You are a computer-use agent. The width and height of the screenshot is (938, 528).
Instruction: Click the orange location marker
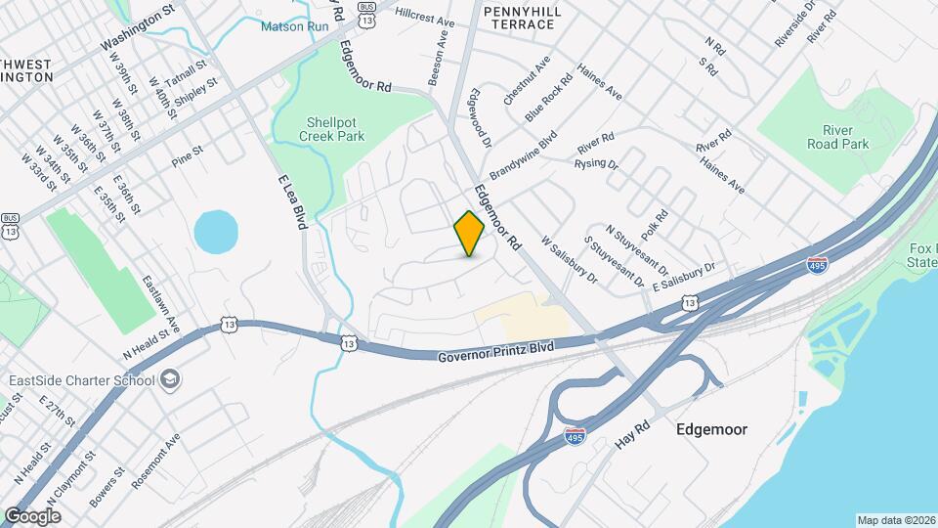(469, 234)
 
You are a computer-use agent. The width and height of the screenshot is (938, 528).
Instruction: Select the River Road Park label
(837, 136)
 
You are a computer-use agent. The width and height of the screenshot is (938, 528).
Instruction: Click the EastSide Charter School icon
(170, 379)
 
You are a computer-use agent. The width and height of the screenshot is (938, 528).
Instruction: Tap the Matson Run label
(294, 25)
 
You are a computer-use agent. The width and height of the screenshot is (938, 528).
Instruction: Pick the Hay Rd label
(632, 428)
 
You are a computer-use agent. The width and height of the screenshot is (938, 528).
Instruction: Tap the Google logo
(32, 515)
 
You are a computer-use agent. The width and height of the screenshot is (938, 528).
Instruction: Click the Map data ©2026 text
(895, 520)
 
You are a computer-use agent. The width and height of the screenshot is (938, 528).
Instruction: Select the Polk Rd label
(656, 227)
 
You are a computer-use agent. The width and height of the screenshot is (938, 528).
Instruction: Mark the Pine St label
(186, 155)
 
